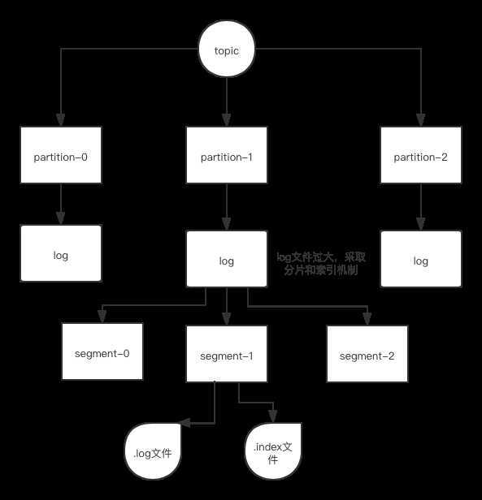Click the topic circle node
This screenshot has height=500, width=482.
(227, 49)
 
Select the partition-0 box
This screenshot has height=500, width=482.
(61, 155)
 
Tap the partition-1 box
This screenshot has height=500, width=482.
(227, 155)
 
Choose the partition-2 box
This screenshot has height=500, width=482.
(421, 155)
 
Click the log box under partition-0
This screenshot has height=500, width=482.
(61, 253)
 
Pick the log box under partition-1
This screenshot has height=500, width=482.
(227, 259)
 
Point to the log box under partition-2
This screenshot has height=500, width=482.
(421, 259)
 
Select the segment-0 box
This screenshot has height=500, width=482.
(102, 351)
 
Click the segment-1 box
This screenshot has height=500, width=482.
(227, 354)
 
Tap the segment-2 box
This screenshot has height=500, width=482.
(367, 354)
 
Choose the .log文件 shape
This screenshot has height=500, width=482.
(153, 451)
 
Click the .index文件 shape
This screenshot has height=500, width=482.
(273, 451)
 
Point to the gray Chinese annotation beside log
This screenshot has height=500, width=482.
(321, 264)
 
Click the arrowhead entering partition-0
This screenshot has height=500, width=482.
(61, 120)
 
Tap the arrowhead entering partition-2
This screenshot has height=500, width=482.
(421, 120)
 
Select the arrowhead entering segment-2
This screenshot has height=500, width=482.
(367, 319)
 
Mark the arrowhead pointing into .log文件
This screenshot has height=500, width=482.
(185, 423)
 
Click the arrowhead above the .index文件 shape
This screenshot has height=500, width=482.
(273, 416)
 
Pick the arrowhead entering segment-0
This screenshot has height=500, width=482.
(102, 317)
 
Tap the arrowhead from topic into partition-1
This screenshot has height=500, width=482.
(227, 120)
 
